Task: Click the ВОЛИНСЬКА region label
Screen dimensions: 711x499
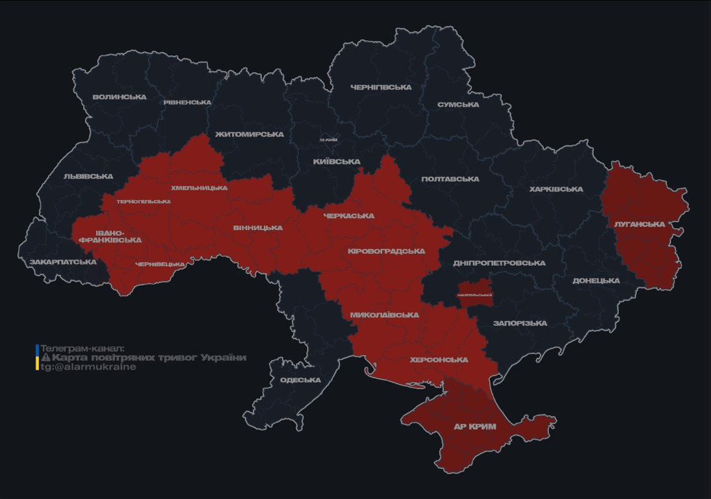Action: coord(119,97)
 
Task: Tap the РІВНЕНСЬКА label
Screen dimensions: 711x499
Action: coord(187,102)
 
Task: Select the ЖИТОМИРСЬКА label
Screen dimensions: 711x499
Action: coord(249,134)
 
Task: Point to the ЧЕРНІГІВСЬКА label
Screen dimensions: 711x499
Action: coord(381,87)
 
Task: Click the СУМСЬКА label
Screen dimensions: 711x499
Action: coord(458,105)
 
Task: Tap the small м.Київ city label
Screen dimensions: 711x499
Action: coord(329,140)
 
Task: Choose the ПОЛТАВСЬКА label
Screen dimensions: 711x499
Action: coord(450,179)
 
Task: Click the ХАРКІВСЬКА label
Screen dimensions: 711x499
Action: coord(556,189)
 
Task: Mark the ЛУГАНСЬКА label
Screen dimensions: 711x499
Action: coord(640,224)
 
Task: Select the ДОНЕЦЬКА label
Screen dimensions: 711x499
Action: coord(596,281)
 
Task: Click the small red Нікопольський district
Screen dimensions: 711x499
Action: coord(474,294)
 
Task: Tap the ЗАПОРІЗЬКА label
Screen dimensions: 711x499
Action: coord(520,323)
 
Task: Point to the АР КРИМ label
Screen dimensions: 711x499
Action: coord(475,427)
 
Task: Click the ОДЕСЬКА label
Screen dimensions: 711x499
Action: coord(300,380)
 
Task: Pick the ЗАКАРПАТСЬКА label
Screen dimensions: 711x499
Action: coord(63,262)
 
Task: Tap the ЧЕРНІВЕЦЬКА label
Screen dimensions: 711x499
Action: coord(160,264)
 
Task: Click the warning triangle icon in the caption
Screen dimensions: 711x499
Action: coord(45,357)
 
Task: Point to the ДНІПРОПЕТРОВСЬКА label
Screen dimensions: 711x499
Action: coord(499,262)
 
